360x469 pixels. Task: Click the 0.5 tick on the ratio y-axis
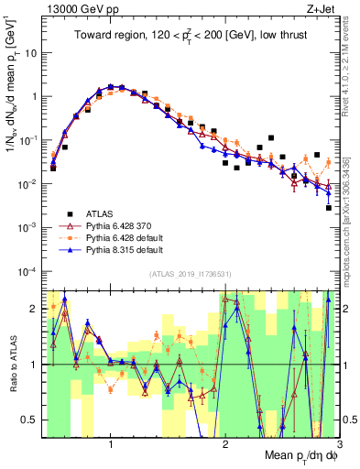click(30, 420)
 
